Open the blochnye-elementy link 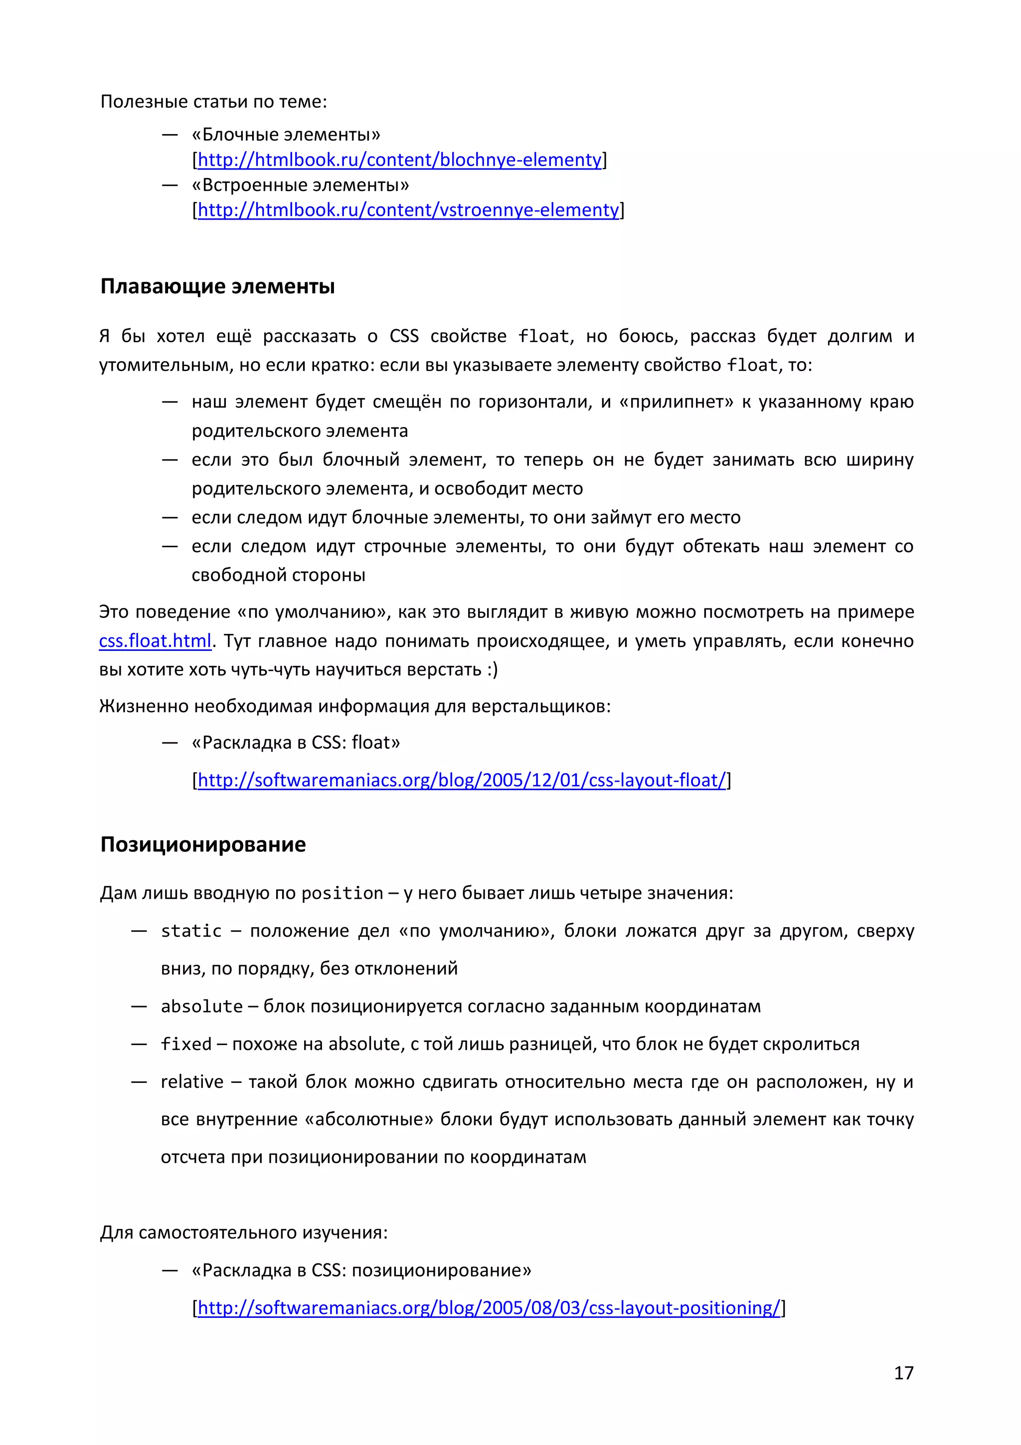(399, 160)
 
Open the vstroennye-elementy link (408, 209)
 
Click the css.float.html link (155, 640)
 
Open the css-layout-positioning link (488, 1307)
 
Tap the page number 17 (903, 1373)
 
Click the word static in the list (191, 931)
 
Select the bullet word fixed (186, 1044)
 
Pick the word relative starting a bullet (192, 1082)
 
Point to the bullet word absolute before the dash (201, 1007)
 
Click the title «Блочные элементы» (286, 135)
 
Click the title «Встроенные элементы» (300, 185)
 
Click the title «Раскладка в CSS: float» (296, 743)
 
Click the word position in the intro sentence (342, 893)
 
